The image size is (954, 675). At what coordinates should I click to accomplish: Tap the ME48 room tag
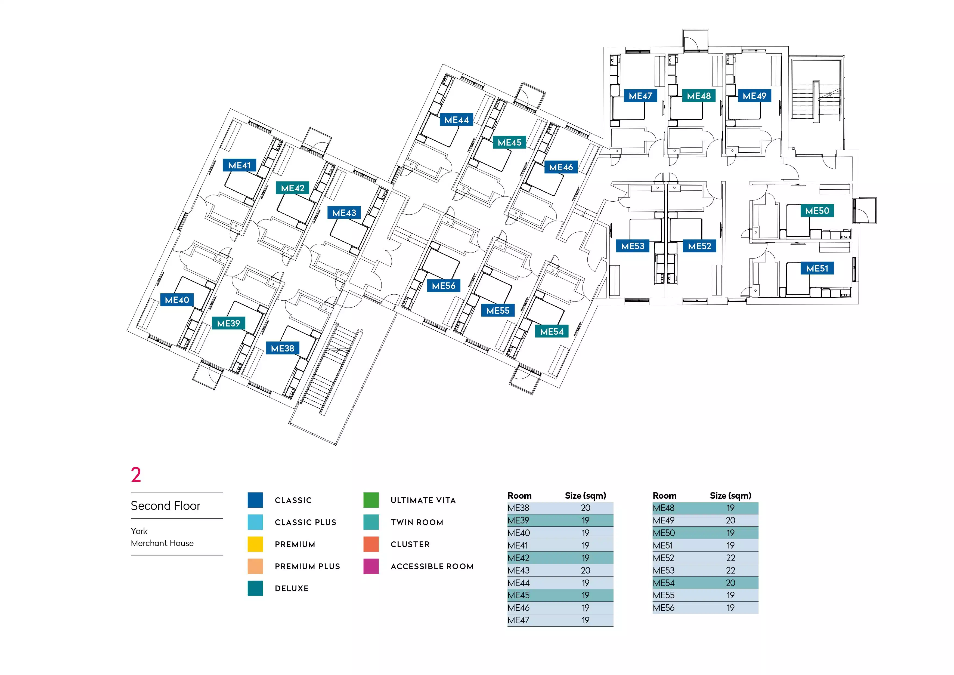[698, 96]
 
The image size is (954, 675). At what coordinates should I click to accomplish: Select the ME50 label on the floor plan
[817, 211]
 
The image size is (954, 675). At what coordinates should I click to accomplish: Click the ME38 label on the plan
[283, 348]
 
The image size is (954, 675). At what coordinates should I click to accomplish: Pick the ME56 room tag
[443, 286]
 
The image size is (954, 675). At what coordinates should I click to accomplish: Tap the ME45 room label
[509, 143]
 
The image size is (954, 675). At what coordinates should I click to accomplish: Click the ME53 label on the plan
[632, 246]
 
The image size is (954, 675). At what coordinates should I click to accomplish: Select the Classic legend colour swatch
[255, 500]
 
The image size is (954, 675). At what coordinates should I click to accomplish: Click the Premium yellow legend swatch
[255, 544]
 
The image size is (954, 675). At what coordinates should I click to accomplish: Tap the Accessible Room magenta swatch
[371, 566]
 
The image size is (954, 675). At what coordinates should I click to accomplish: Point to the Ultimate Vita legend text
[423, 500]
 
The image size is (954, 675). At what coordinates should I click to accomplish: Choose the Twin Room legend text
[417, 522]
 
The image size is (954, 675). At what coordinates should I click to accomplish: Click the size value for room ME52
[730, 558]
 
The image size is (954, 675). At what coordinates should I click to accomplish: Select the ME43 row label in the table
[519, 570]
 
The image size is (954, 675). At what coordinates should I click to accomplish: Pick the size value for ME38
[586, 508]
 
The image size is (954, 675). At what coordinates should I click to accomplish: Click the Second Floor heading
[165, 506]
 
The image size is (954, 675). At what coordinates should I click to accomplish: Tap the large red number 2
[136, 475]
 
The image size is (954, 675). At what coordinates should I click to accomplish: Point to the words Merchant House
[162, 543]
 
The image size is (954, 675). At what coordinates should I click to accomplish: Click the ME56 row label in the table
[664, 608]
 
